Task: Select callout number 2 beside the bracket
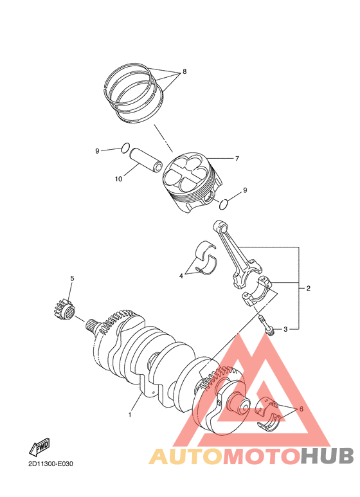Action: (309, 288)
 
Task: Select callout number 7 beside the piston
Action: (237, 158)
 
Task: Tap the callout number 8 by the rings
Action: (184, 71)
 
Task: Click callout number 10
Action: (118, 179)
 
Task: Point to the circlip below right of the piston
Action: (224, 205)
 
